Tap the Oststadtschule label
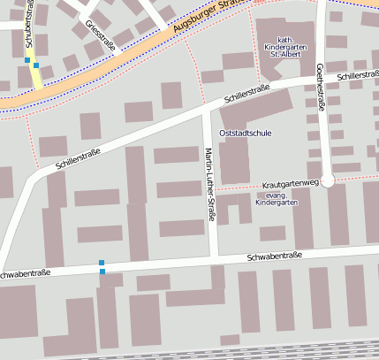click(246, 134)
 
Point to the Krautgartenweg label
click(290, 184)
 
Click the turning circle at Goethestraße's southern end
click(328, 181)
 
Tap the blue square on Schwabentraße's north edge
click(102, 263)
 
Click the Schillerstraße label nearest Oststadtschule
click(246, 93)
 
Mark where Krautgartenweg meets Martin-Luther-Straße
click(213, 190)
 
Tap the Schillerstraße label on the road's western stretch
click(78, 157)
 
